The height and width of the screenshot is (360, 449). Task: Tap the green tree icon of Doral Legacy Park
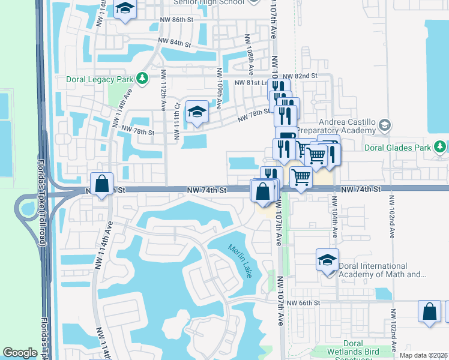click(x=142, y=78)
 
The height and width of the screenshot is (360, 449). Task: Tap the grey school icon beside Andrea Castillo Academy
click(x=385, y=125)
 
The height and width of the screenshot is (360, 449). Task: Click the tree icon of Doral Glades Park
click(x=441, y=146)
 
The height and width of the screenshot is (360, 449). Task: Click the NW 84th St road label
click(x=174, y=43)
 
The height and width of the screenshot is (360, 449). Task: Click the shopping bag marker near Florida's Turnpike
click(x=102, y=182)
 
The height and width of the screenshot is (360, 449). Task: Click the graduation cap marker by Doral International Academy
click(x=327, y=260)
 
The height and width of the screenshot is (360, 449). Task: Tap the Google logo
click(x=20, y=353)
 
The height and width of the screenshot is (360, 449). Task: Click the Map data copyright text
click(x=424, y=355)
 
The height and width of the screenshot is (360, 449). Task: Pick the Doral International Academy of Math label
click(x=381, y=271)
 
